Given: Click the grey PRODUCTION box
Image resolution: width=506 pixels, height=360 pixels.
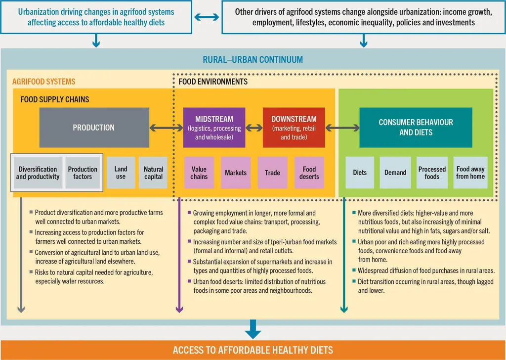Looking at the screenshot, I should click(x=94, y=128).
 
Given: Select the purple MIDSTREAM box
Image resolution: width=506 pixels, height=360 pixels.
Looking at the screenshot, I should click(x=214, y=128).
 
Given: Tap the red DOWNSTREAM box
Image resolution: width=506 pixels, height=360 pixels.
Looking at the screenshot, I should click(x=294, y=128).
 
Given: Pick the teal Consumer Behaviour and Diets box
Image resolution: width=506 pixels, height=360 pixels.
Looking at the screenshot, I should click(x=416, y=128).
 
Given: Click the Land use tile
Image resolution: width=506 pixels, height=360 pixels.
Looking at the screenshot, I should click(x=121, y=173).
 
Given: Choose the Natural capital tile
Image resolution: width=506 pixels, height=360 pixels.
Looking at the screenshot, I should click(x=153, y=173).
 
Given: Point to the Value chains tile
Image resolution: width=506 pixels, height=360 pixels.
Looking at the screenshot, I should click(x=199, y=173).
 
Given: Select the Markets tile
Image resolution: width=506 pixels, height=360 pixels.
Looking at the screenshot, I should click(x=236, y=173).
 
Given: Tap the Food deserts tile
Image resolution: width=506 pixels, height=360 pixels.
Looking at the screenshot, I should click(x=309, y=173).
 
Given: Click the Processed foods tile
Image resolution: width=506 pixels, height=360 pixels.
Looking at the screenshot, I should click(x=432, y=173).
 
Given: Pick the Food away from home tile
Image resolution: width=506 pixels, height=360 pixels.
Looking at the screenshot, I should click(x=470, y=173).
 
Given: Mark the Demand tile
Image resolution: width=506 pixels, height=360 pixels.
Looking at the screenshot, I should click(x=395, y=173).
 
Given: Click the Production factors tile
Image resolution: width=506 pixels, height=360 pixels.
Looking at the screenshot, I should click(x=83, y=173).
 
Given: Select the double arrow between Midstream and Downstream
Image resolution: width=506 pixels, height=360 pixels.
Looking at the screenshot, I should click(x=254, y=128).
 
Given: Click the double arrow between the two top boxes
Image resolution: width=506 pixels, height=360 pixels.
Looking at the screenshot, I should click(x=207, y=17).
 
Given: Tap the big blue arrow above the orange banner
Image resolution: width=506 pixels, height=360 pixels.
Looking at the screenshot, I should click(x=253, y=328).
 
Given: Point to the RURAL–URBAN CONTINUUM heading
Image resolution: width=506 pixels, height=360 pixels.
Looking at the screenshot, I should click(x=253, y=60).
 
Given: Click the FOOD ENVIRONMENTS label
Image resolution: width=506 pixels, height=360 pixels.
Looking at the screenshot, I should click(x=213, y=81).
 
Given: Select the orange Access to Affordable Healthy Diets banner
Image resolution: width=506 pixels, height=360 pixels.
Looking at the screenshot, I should click(x=253, y=350).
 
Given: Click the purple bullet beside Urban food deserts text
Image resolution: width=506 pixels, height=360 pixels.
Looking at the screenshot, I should click(x=190, y=281).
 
